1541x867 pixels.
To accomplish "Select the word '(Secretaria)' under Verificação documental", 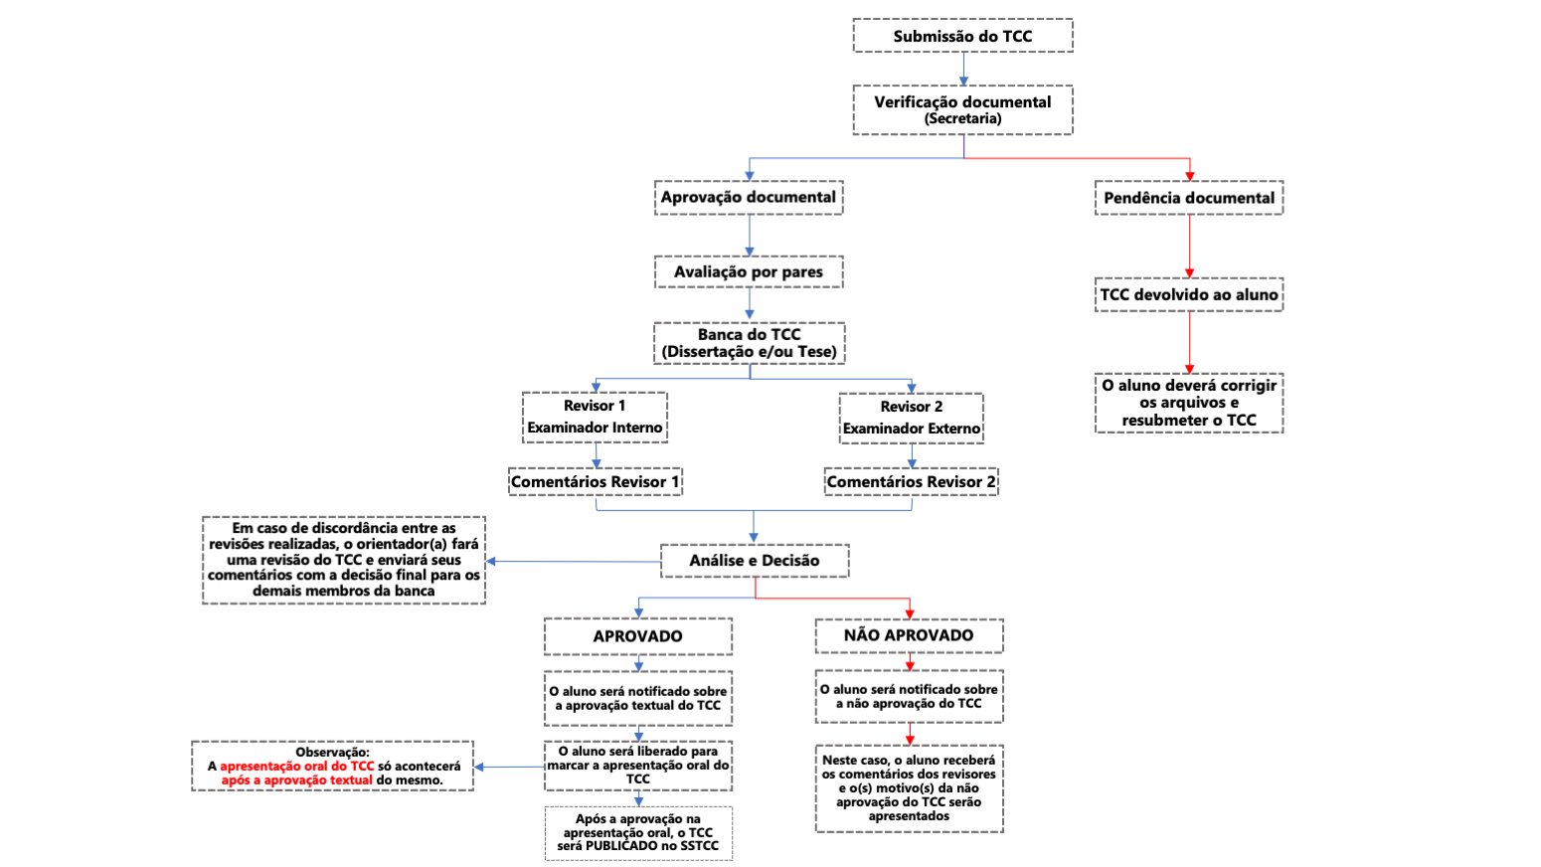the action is [962, 119].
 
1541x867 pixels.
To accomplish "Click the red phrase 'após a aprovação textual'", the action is [296, 780].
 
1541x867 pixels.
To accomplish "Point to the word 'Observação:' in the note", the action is [332, 752].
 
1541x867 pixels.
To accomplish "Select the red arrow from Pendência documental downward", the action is [1189, 247].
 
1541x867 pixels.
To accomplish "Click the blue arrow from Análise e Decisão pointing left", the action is [574, 562].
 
